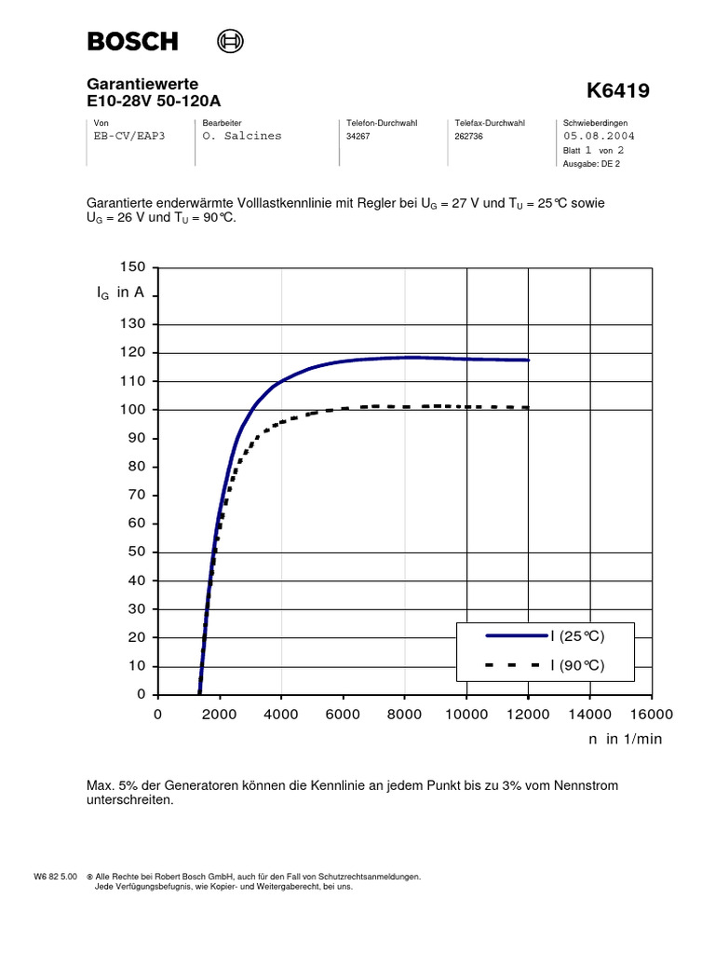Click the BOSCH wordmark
click(x=132, y=41)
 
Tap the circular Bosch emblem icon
click(x=229, y=41)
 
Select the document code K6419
click(x=618, y=91)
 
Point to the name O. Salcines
click(x=241, y=135)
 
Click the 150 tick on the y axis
click(x=134, y=267)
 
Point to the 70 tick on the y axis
click(x=138, y=495)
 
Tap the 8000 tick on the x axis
click(x=404, y=715)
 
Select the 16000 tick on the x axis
click(x=651, y=715)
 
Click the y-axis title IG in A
click(x=120, y=293)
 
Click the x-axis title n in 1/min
click(x=624, y=738)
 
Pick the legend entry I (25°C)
click(x=577, y=636)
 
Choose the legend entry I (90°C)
click(x=577, y=665)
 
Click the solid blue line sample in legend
click(x=516, y=636)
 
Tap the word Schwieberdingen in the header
click(x=596, y=123)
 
